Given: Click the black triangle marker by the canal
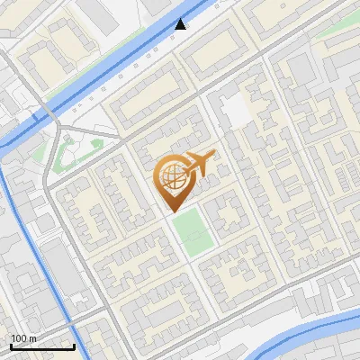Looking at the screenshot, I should (181, 24).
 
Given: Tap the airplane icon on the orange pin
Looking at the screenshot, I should (199, 163).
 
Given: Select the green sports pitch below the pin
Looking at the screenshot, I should (193, 231).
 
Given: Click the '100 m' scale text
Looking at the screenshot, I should (23, 338).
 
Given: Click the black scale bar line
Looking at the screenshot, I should (42, 346).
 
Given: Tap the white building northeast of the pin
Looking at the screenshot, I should (234, 111).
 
